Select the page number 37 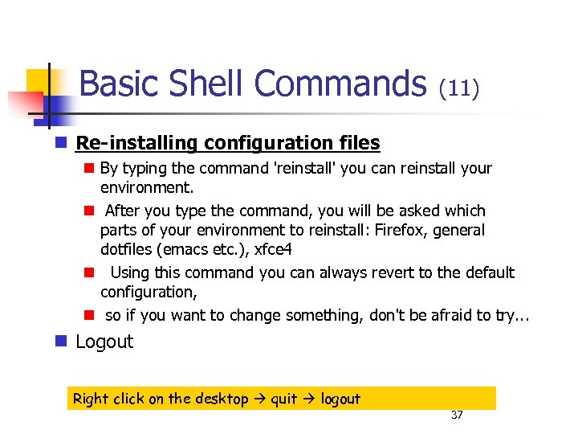pyautogui.click(x=458, y=415)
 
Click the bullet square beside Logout pyautogui.click(x=60, y=342)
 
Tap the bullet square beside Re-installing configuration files pyautogui.click(x=60, y=143)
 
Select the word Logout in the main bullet pyautogui.click(x=104, y=342)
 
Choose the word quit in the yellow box pyautogui.click(x=283, y=399)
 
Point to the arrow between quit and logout pyautogui.click(x=309, y=399)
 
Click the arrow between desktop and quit pyautogui.click(x=258, y=399)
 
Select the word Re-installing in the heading pyautogui.click(x=136, y=143)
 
